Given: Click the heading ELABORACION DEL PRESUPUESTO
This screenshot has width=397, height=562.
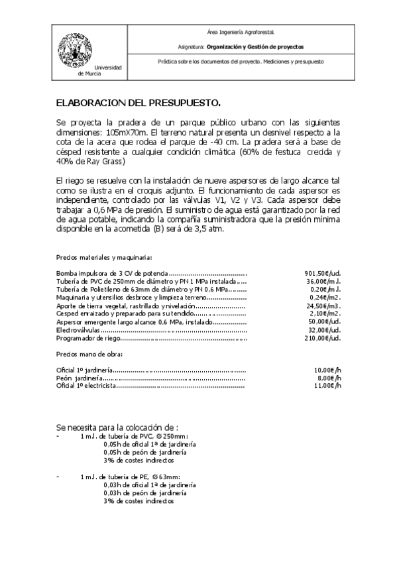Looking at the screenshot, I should pos(137,103).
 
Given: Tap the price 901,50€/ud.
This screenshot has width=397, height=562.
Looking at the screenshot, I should pos(323,273).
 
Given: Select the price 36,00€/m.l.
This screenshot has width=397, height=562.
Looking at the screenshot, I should pos(324,281).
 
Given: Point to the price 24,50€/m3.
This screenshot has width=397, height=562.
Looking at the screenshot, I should pos(324,307).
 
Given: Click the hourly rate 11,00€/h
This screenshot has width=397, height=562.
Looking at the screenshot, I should pos(327,384).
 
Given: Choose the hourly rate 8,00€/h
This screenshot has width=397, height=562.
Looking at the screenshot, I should pos(329,377).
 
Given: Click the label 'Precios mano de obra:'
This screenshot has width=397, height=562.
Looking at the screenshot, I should pos(84,355).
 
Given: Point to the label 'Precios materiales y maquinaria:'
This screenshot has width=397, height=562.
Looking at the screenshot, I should pos(104,257).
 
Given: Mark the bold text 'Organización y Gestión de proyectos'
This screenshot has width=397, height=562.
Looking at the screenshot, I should pos(255,47).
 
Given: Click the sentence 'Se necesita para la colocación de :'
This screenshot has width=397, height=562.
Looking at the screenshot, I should pos(117,427).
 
